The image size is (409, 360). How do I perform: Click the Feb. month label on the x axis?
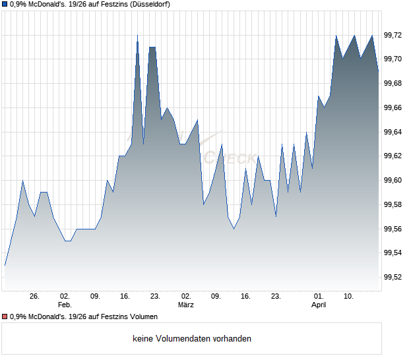tap(64, 305)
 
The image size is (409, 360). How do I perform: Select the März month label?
tap(186, 305)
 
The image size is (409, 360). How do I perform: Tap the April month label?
tap(319, 305)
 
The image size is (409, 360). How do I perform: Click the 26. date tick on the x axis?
tap(35, 297)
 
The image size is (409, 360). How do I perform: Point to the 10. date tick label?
tap(349, 297)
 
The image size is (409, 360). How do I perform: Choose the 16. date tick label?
tap(246, 297)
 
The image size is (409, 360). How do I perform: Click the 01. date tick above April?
tap(319, 297)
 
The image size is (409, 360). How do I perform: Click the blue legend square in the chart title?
tap(5, 5)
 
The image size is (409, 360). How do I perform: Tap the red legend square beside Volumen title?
tap(5, 317)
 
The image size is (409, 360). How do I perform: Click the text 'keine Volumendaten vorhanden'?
tap(192, 339)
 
